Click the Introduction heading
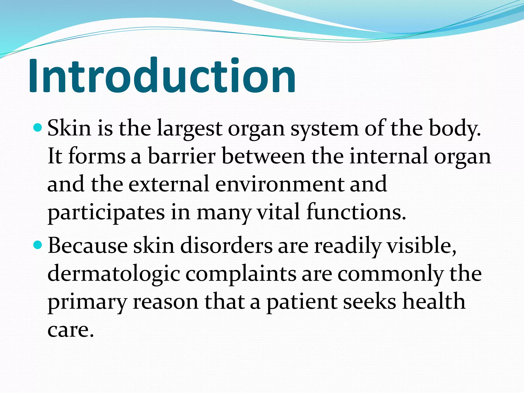162,75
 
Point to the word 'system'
324,129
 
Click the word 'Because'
88,246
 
